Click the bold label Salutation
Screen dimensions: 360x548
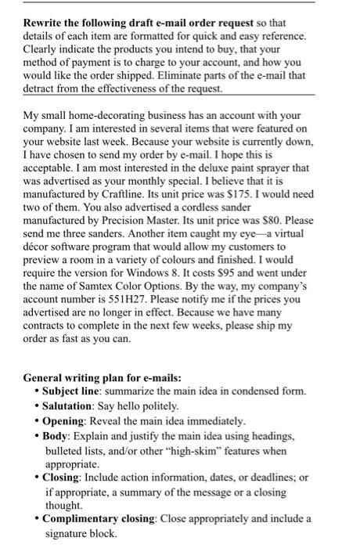click(70, 406)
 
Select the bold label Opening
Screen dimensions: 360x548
click(65, 420)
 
